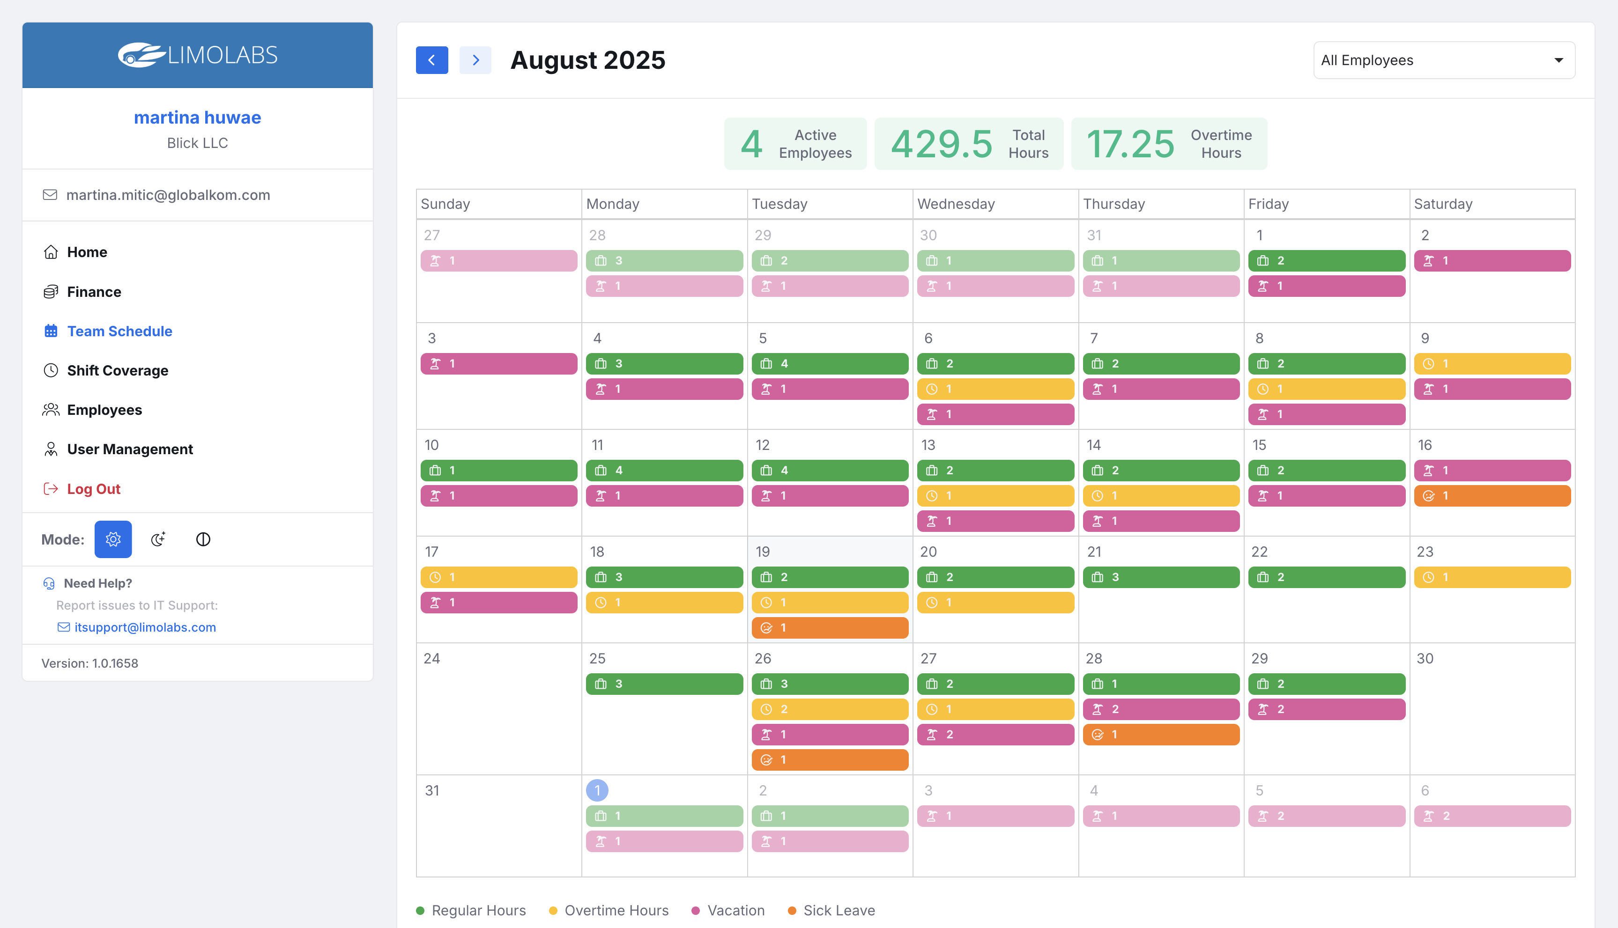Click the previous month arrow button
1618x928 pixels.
click(x=431, y=60)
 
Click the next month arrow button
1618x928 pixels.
click(x=475, y=60)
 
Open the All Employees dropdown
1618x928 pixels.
click(x=1443, y=60)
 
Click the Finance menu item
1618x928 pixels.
click(x=94, y=292)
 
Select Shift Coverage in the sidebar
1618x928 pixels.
click(x=117, y=370)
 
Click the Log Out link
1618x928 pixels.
click(x=93, y=489)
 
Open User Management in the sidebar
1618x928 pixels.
click(x=129, y=449)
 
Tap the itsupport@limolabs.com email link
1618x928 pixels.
click(x=145, y=627)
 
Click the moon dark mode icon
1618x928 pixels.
click(x=158, y=539)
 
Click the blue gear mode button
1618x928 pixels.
click(x=113, y=539)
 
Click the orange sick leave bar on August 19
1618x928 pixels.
click(x=830, y=628)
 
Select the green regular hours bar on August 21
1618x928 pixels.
click(x=1160, y=577)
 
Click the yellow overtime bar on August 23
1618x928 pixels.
click(x=1492, y=577)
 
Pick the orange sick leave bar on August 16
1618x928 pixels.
click(x=1492, y=496)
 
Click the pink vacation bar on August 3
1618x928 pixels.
click(x=498, y=364)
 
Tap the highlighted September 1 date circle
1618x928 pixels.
click(x=597, y=790)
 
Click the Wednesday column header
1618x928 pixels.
click(x=956, y=204)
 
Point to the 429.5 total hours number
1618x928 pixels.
click(x=942, y=144)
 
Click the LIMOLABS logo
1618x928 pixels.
click(x=198, y=55)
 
